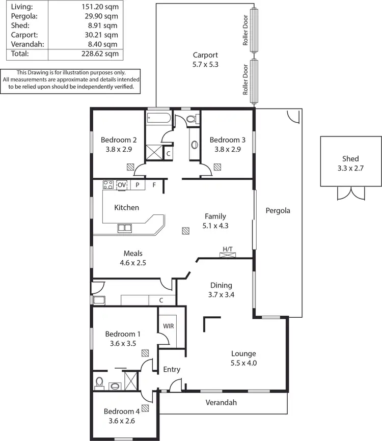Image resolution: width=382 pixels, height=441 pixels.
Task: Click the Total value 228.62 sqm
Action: [x=100, y=53]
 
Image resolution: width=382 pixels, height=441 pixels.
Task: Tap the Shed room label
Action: [x=350, y=158]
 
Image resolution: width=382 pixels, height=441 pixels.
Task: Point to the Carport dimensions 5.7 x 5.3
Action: [x=205, y=65]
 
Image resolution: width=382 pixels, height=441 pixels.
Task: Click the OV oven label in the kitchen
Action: [x=122, y=185]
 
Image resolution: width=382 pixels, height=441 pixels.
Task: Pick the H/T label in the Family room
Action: [x=227, y=249]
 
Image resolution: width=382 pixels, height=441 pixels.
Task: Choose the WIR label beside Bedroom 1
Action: [x=168, y=325]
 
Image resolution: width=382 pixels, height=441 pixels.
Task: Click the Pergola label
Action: [x=278, y=210]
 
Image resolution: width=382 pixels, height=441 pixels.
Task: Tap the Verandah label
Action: [x=222, y=402]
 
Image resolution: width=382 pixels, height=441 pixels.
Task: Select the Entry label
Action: [x=172, y=369]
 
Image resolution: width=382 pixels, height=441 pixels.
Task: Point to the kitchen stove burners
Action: [x=108, y=185]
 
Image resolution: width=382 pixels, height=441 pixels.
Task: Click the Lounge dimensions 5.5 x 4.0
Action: [x=243, y=363]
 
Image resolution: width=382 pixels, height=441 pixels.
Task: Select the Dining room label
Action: [x=222, y=285]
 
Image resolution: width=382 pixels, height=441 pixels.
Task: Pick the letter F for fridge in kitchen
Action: [x=154, y=185]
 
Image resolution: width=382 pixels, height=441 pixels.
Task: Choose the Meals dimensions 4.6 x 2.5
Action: [x=133, y=263]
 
